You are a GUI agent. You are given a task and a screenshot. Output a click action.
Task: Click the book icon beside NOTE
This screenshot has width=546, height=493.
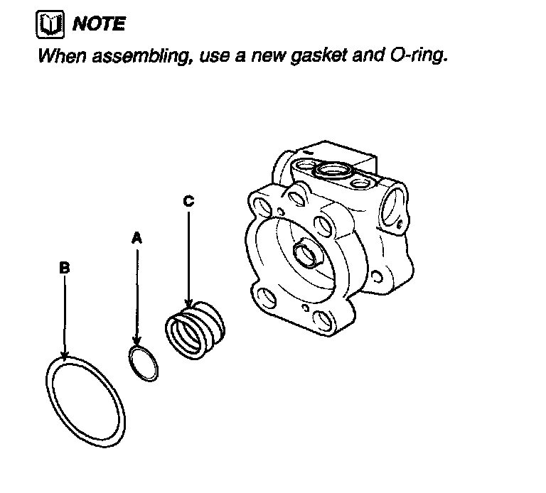[x=49, y=24]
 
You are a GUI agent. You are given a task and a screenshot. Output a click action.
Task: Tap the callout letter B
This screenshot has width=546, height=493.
[x=64, y=268]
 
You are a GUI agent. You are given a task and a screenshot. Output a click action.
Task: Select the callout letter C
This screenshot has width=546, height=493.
[x=188, y=201]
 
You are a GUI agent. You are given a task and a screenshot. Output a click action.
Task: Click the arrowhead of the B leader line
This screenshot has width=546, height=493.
[x=65, y=355]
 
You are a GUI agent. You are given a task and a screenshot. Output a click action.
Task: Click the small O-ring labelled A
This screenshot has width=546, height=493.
[x=144, y=362]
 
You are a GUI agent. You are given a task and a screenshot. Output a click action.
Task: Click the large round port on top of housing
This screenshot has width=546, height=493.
[x=331, y=170]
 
